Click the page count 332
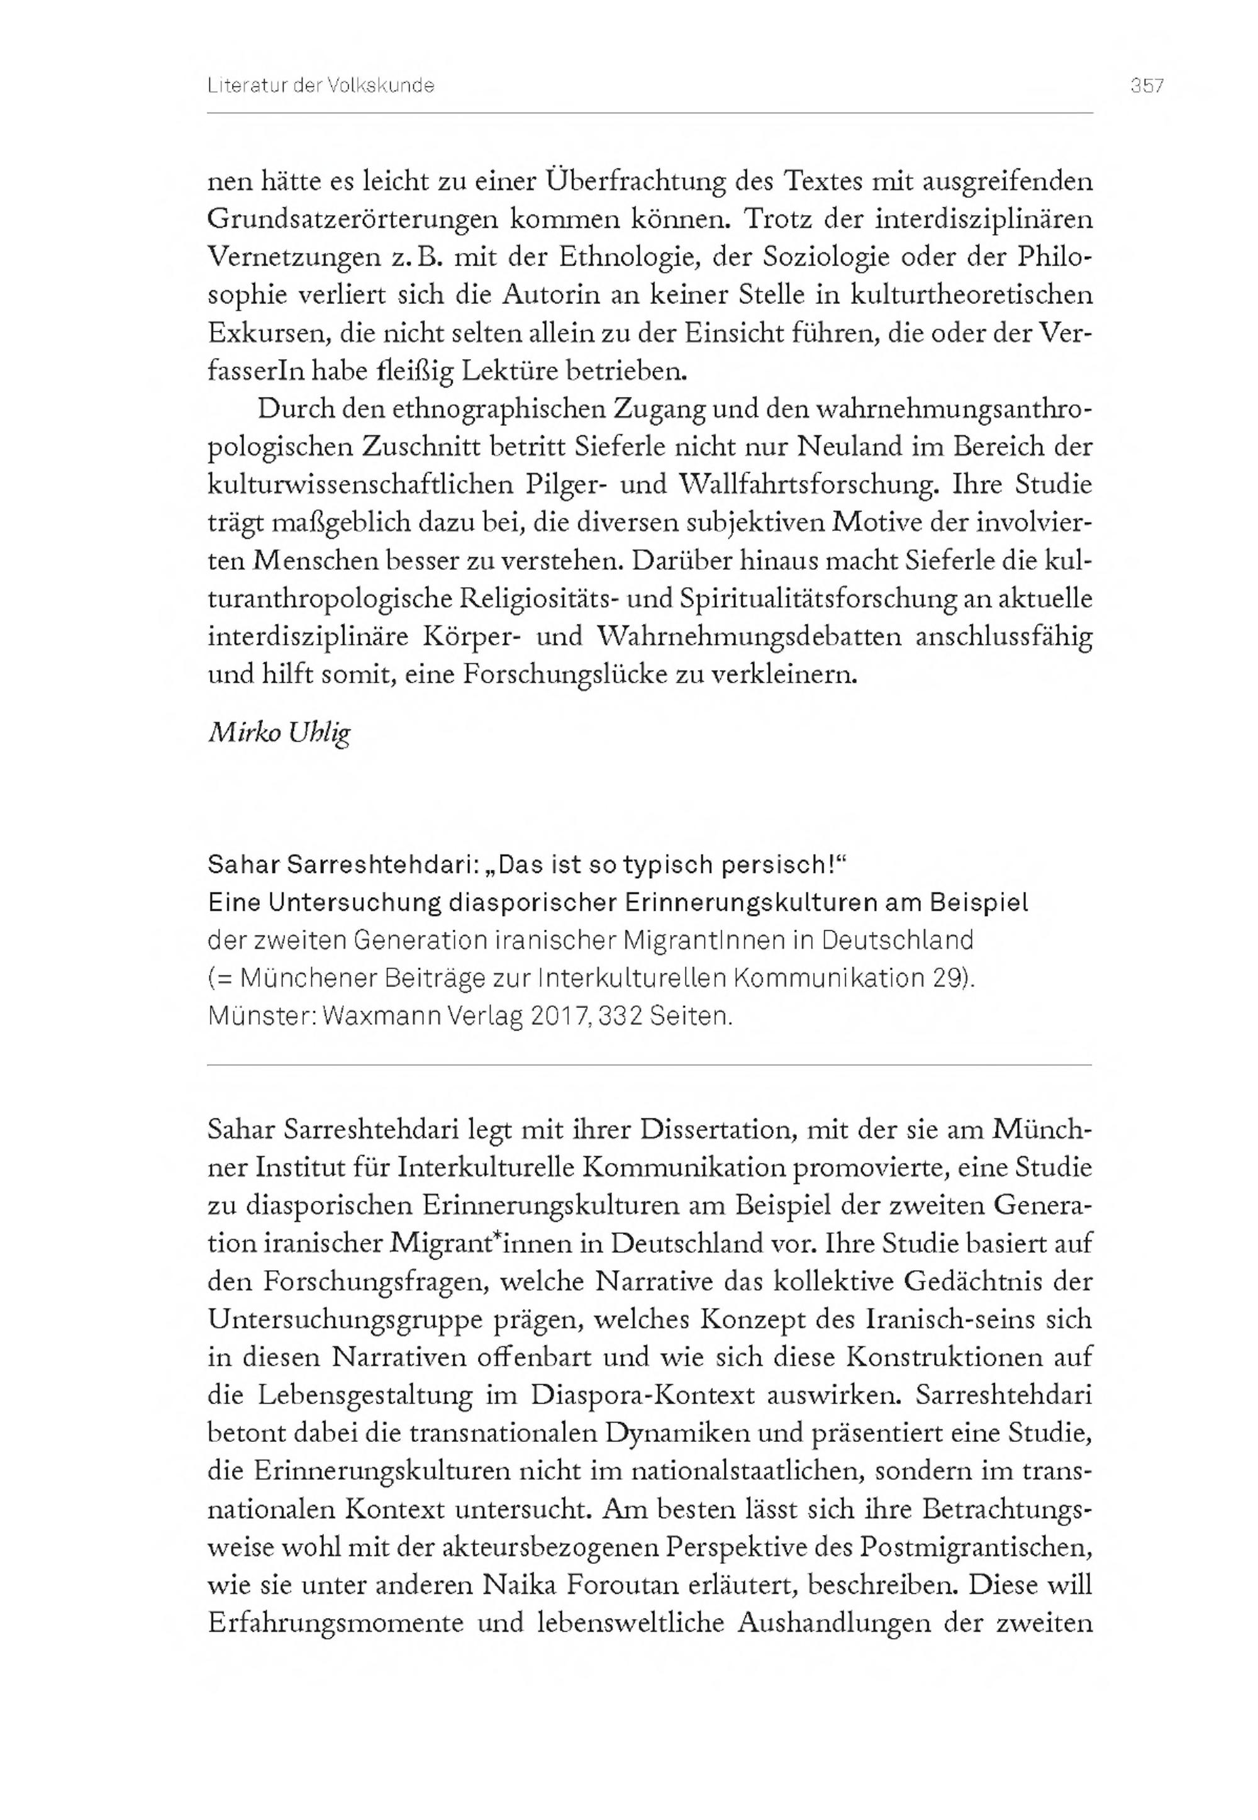click(x=620, y=1017)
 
